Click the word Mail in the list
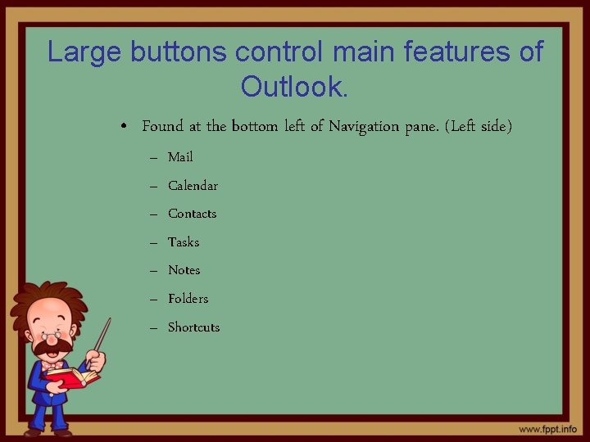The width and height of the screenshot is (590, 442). point(180,157)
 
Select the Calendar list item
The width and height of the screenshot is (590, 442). point(193,186)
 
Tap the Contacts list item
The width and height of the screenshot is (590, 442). point(192,214)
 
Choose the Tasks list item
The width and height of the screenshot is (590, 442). point(184,242)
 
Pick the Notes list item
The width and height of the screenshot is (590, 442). point(184,270)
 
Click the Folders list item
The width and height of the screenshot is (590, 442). point(188,299)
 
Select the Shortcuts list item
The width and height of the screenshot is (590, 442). point(193,327)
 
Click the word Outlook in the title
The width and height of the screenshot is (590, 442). point(293,85)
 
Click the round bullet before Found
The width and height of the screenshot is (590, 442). point(120,127)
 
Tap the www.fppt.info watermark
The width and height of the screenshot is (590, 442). point(547,429)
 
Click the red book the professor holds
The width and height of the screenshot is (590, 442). point(72,377)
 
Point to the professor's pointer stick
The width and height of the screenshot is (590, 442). point(102,336)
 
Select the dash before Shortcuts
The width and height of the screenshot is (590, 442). point(153,327)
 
